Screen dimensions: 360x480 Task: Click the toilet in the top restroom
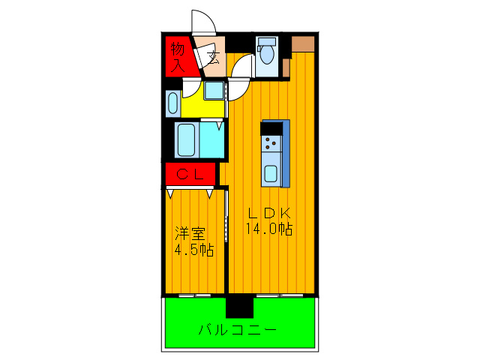(x=266, y=53)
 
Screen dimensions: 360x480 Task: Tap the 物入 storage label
(x=178, y=57)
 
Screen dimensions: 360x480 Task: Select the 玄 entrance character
(x=212, y=57)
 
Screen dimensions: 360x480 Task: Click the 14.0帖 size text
(x=268, y=230)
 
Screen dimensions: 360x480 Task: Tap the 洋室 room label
(x=190, y=233)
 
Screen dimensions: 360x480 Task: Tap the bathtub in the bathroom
(x=186, y=139)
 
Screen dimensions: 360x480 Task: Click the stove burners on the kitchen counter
(x=271, y=142)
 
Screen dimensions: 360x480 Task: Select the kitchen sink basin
(x=271, y=173)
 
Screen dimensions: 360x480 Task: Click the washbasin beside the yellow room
(x=172, y=102)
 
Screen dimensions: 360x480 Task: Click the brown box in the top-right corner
(x=304, y=43)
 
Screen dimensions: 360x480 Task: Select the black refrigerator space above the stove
(x=273, y=127)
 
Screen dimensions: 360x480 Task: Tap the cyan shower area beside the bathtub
(x=212, y=139)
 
